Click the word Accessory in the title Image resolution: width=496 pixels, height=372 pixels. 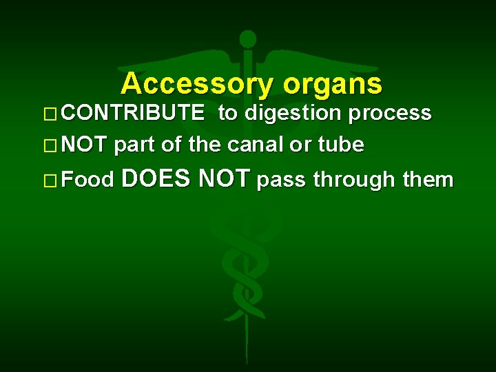pos(198,84)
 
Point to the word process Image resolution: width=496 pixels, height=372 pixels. pos(390,113)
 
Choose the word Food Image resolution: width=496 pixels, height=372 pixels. pos(87,180)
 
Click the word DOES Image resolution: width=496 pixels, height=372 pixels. pos(156,179)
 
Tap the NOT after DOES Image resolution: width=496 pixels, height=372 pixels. pos(223,179)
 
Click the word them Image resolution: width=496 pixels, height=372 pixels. pos(428,180)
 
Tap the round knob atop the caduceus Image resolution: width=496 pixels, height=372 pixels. pos(247,39)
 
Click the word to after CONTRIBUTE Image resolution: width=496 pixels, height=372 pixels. pos(227,113)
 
